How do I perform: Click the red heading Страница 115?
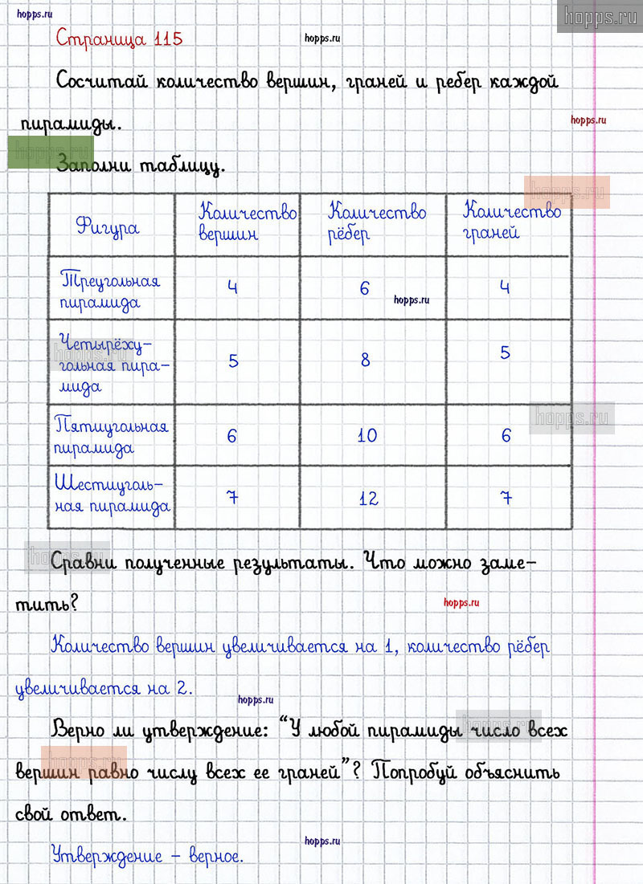119,38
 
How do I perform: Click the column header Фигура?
108,226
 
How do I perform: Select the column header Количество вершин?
247,223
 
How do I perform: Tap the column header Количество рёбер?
376,223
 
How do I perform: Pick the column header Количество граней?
512,222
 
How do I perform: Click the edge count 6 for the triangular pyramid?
364,288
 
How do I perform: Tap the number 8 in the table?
365,361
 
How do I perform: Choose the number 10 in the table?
367,436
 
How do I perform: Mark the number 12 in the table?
368,499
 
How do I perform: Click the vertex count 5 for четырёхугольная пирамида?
233,361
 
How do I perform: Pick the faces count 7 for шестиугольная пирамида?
506,498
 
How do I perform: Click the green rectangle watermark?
50,153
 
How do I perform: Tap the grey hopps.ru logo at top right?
599,16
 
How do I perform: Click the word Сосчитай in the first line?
102,82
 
